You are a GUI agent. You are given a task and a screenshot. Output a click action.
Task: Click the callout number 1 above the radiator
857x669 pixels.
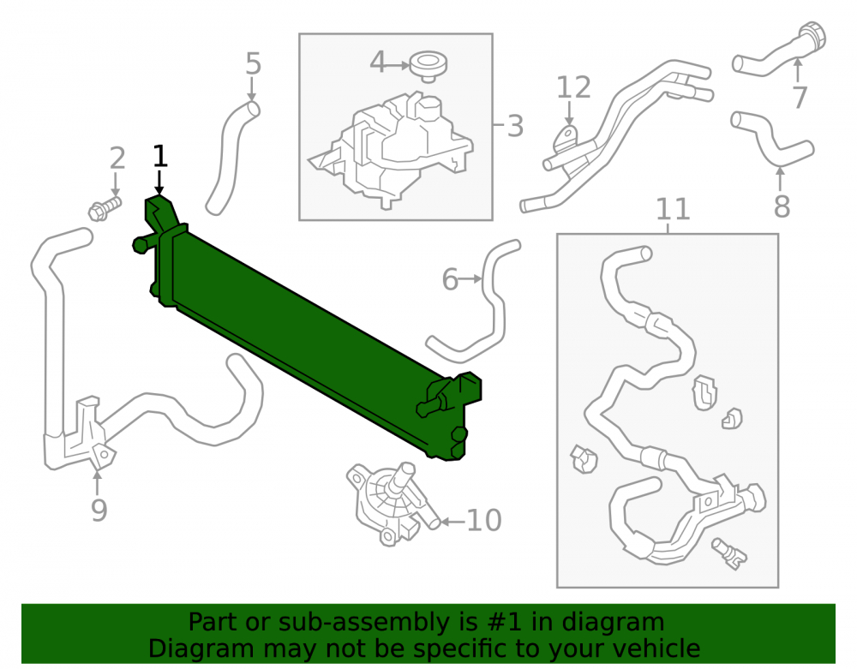(x=159, y=156)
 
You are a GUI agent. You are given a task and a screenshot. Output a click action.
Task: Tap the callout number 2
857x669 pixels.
(x=117, y=158)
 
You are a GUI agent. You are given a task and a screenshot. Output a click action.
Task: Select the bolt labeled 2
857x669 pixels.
(x=105, y=209)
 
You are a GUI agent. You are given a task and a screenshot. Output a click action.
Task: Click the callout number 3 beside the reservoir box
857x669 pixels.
(x=515, y=126)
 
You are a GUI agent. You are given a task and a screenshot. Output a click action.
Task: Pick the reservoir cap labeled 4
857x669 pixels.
(x=428, y=66)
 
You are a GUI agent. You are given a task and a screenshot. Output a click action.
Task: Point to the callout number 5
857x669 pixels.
(x=253, y=64)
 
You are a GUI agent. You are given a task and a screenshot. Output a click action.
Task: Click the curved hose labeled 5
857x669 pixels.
(x=231, y=158)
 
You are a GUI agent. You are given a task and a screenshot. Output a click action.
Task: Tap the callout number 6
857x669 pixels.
(x=450, y=279)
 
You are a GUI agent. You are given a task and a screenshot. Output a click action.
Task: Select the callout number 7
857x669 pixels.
(x=800, y=98)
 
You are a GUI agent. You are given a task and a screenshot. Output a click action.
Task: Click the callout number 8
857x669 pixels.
(x=782, y=206)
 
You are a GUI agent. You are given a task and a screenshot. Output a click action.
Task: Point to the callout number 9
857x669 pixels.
(x=99, y=510)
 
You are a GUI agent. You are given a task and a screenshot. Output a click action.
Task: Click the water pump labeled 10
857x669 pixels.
(x=390, y=504)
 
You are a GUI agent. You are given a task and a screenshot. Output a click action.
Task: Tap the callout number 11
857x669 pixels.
(x=673, y=209)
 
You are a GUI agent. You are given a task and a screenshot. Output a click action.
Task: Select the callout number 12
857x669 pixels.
(x=574, y=87)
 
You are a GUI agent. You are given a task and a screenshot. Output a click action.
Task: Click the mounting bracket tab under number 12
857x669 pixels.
(x=566, y=140)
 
